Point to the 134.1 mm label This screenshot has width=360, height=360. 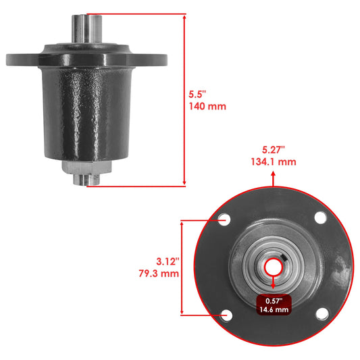pyautogui.click(x=273, y=163)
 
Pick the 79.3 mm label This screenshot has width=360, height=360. pyautogui.click(x=157, y=274)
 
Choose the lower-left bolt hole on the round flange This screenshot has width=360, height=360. pyautogui.click(x=225, y=314)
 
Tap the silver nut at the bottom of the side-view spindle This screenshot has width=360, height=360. pyautogui.click(x=86, y=168)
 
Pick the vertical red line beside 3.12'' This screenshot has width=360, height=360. pyautogui.click(x=182, y=267)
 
